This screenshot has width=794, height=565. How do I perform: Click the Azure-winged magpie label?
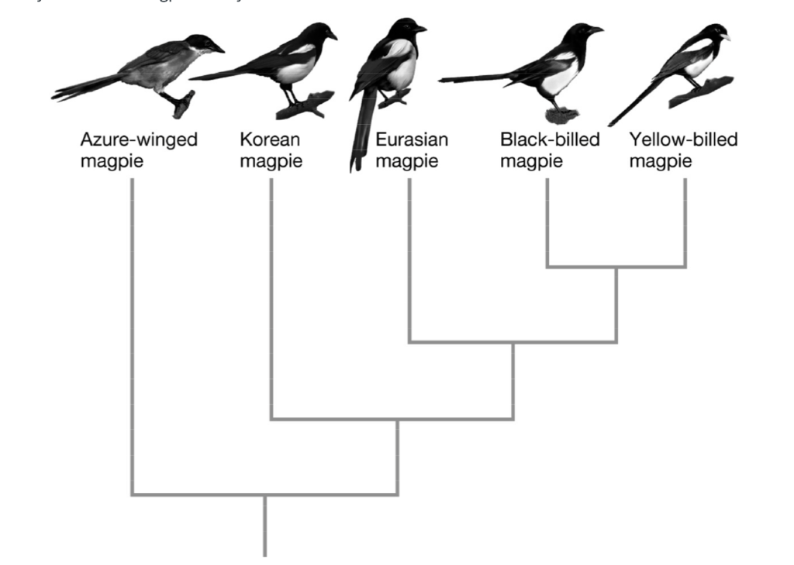pos(139,150)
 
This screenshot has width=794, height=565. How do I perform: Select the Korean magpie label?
pos(271,150)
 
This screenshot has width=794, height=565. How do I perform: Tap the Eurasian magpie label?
pos(412,150)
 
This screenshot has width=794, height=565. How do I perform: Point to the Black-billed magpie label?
pos(550,150)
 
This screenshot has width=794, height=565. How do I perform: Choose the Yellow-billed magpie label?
pos(683,150)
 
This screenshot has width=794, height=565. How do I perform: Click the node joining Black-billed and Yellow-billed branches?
pos(616,267)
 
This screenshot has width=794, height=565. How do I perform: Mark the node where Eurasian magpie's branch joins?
pos(513,342)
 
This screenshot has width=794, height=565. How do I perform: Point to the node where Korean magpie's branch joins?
pos(398,419)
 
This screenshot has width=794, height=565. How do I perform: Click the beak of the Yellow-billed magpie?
pos(725,36)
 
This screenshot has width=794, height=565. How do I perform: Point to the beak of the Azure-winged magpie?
pos(218,49)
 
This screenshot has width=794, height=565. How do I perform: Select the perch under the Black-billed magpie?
pos(561,115)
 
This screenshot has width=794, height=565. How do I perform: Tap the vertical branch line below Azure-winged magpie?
pos(133,333)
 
